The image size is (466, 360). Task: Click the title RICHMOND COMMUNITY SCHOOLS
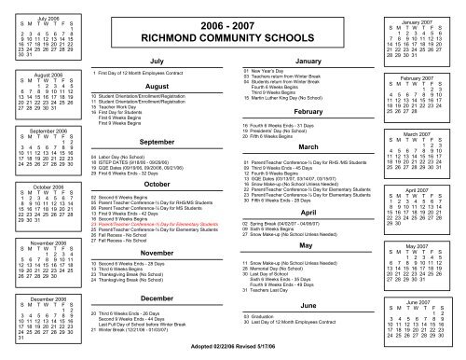[233, 37]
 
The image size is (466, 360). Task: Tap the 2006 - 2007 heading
[233, 23]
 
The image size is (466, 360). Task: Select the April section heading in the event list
[308, 213]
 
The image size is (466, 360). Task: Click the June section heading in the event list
[308, 305]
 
